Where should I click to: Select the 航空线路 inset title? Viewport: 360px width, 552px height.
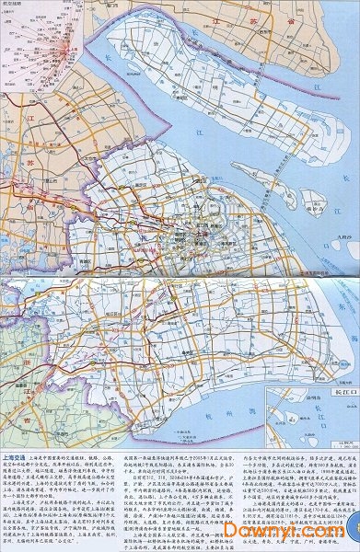14,4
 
